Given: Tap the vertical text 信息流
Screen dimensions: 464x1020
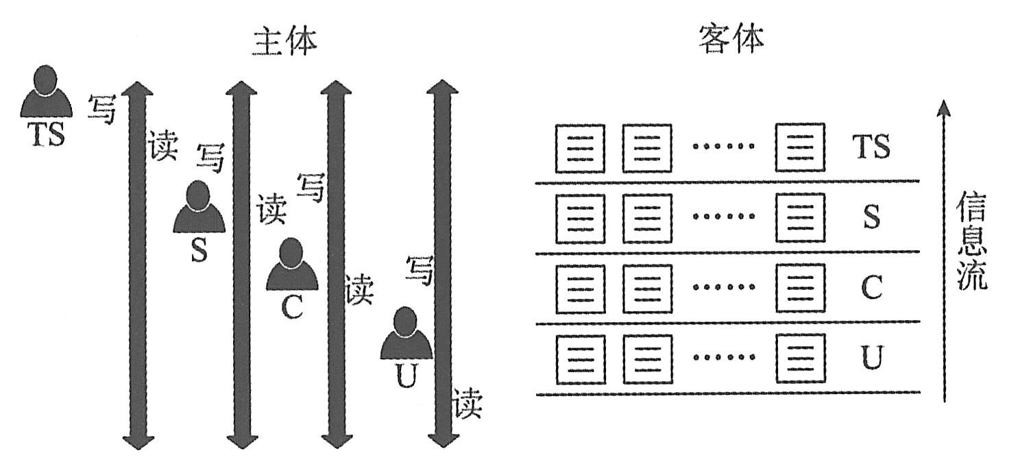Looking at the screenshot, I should [x=971, y=242].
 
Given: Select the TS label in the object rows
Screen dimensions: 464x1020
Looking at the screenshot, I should [x=871, y=147].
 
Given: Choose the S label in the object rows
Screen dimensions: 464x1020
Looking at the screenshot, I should [x=871, y=218].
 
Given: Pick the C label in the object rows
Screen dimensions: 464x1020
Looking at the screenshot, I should [x=871, y=289].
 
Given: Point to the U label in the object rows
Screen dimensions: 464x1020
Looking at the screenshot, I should [x=871, y=358].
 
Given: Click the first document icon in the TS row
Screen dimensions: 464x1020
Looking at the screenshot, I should [x=580, y=148].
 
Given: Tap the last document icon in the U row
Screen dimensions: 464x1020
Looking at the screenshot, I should [x=799, y=358].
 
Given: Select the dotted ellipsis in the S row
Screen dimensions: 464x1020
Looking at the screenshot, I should [x=722, y=217].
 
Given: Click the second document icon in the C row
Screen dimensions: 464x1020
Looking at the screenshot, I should [x=646, y=289].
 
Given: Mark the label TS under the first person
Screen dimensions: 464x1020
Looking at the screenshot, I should [x=46, y=135].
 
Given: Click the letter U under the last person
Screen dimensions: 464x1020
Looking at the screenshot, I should [x=406, y=376].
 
